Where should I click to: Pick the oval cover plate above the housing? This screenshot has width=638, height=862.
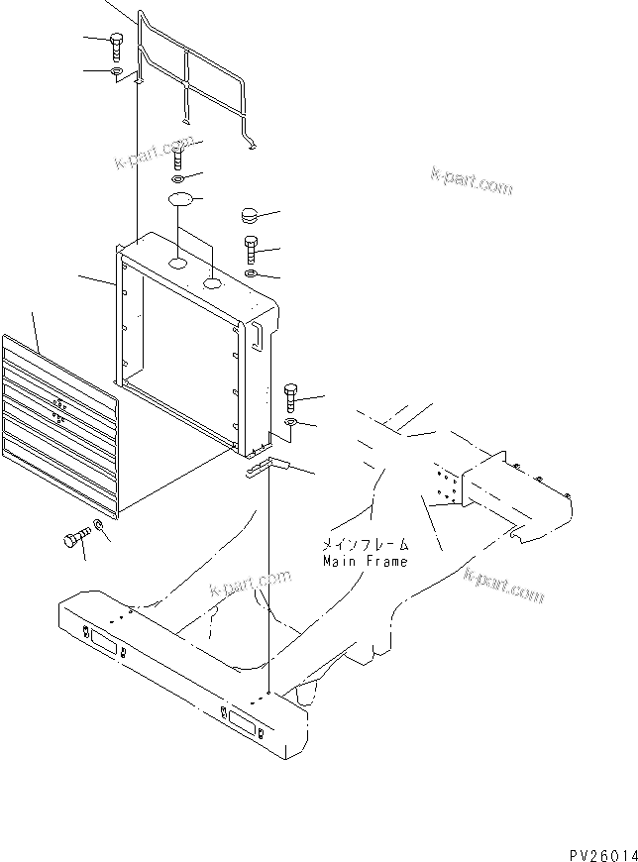click(179, 201)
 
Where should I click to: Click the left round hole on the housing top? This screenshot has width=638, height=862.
click(175, 265)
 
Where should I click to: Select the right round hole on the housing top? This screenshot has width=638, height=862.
click(213, 284)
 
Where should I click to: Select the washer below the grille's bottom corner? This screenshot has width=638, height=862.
click(98, 524)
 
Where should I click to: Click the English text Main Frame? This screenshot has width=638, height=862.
click(365, 561)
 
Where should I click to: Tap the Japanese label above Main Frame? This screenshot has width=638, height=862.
click(365, 545)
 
